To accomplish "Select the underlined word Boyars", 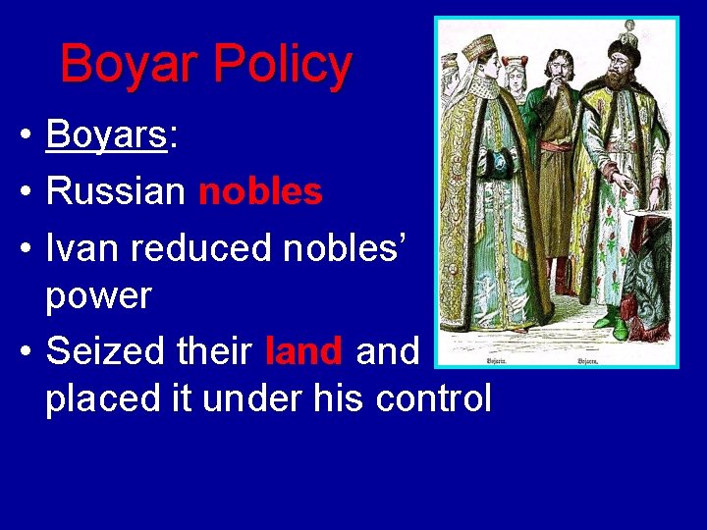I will [107, 134].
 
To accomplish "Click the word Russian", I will [115, 191].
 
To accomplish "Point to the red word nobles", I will [260, 191].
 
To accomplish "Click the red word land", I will [304, 350].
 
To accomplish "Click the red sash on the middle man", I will [556, 146].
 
